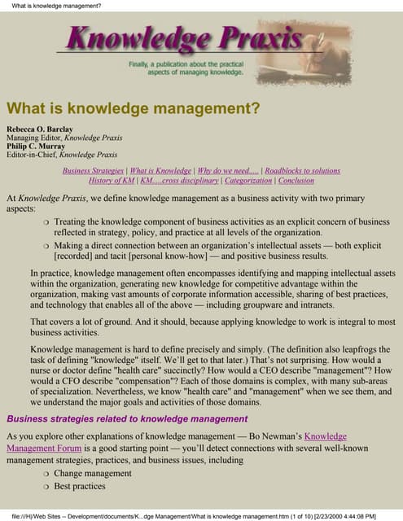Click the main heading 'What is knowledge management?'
click(x=133, y=107)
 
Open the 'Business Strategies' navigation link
click(x=94, y=171)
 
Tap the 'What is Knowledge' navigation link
click(x=160, y=171)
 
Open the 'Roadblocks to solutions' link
click(x=302, y=171)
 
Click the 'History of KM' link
click(x=112, y=181)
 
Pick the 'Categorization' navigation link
click(x=248, y=181)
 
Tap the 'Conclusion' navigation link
click(x=296, y=181)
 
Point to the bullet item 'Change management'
click(x=92, y=473)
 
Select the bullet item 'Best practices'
click(x=79, y=486)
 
